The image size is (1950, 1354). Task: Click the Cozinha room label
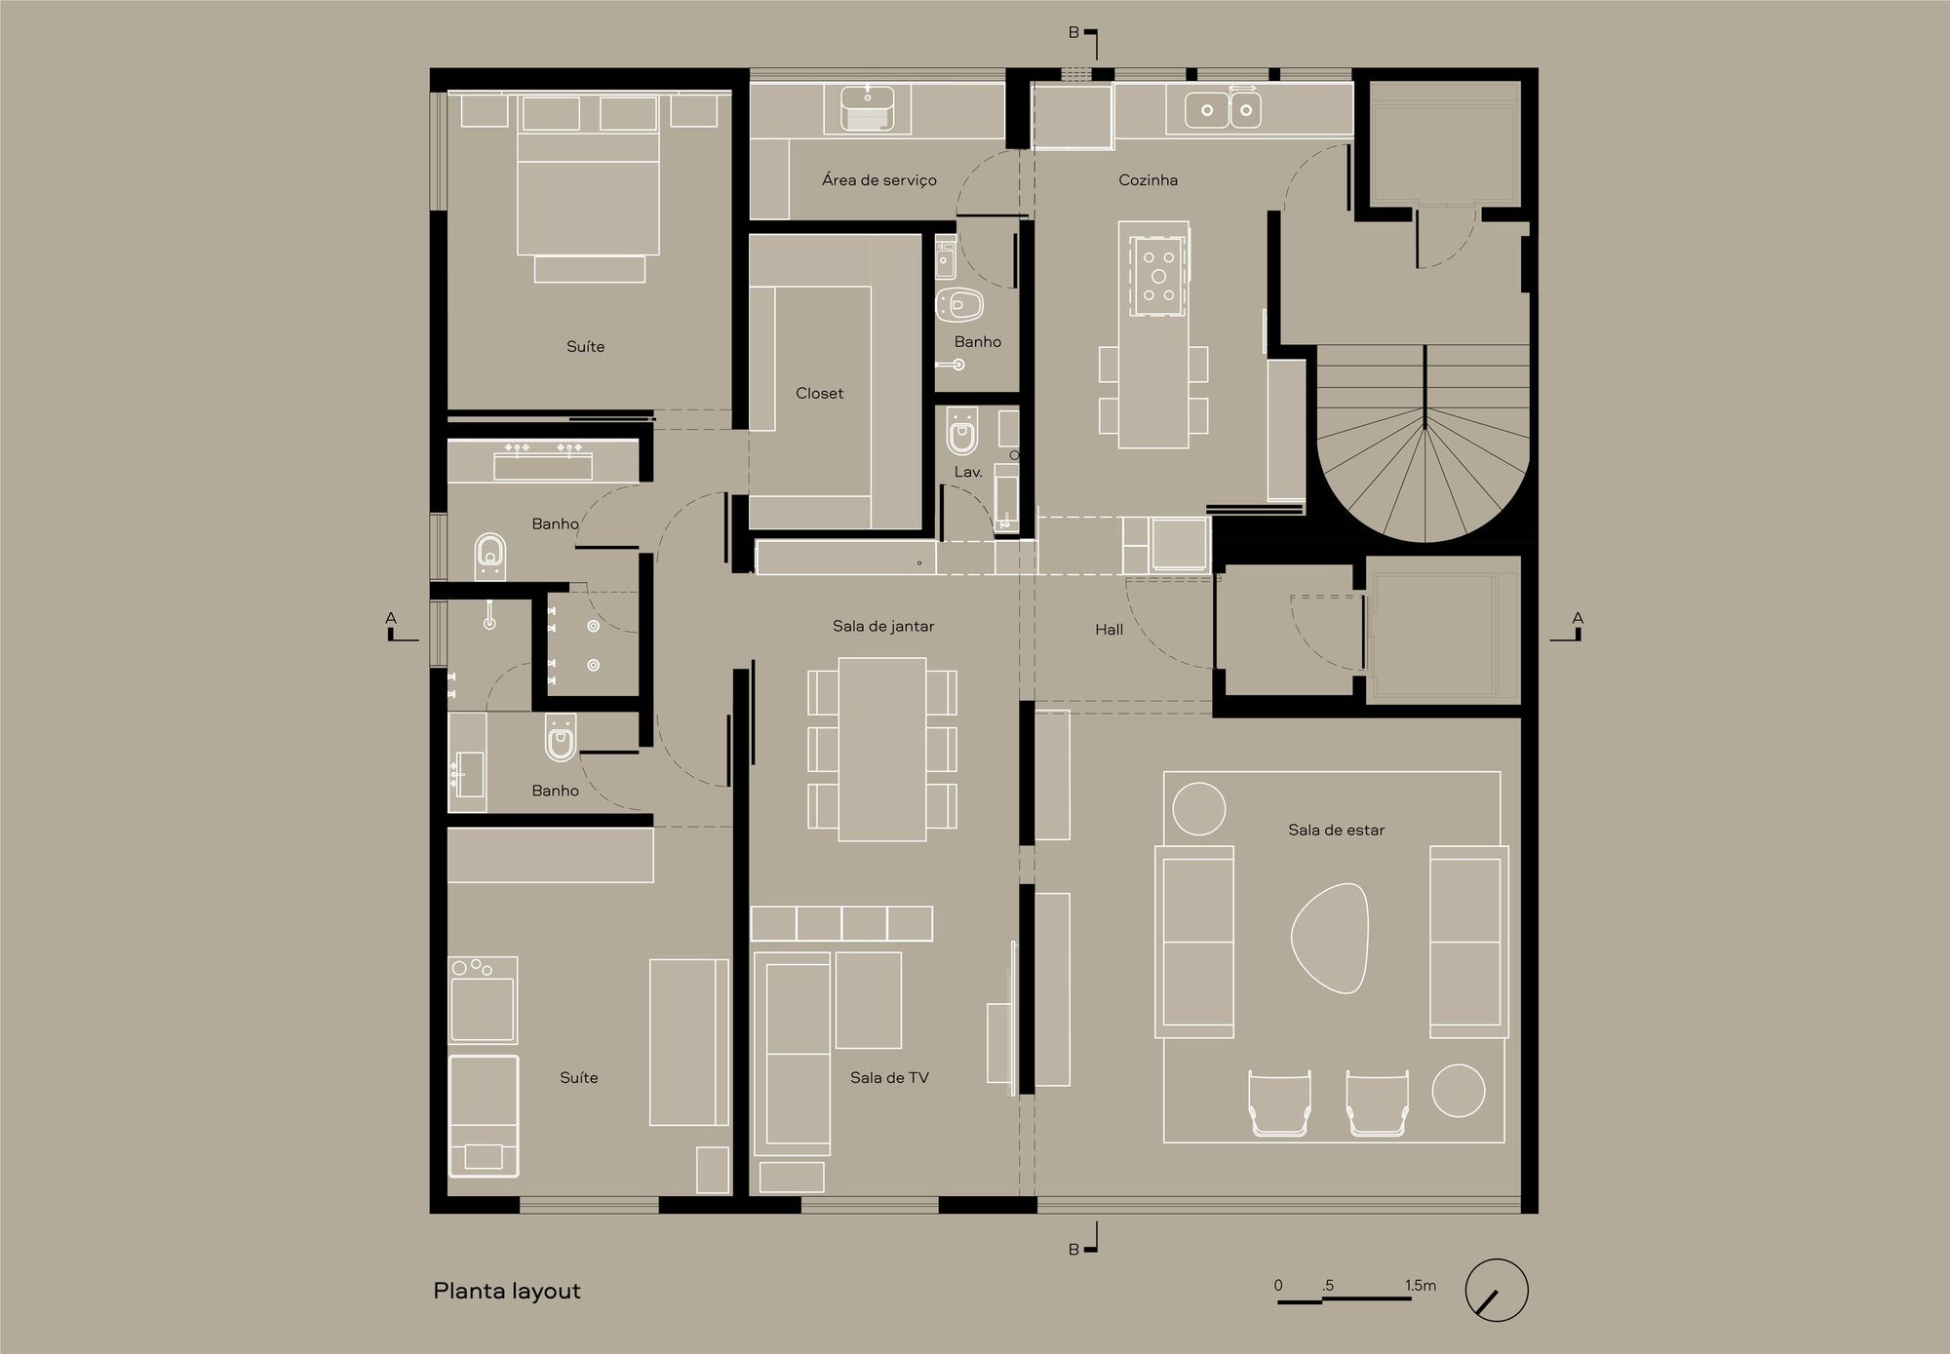click(x=1148, y=180)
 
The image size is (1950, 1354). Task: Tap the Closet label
click(x=819, y=394)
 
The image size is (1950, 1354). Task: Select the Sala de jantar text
click(x=883, y=627)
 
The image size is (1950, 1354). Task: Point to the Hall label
click(x=1109, y=630)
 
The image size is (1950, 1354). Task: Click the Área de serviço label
click(x=878, y=180)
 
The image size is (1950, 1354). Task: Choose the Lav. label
click(x=967, y=472)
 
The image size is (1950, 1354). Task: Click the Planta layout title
click(x=507, y=1292)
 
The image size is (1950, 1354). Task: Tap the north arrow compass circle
click(x=1496, y=1290)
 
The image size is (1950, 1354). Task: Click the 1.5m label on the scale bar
click(x=1420, y=1286)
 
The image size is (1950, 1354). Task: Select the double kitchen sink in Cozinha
click(x=1223, y=110)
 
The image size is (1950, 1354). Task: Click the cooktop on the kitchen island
click(x=1158, y=276)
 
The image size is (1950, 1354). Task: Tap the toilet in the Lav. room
click(x=962, y=434)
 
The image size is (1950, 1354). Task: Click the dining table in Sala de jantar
click(x=882, y=749)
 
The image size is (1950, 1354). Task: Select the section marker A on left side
click(x=392, y=618)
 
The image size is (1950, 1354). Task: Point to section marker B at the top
click(x=1073, y=33)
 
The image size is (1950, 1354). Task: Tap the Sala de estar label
click(x=1336, y=831)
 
